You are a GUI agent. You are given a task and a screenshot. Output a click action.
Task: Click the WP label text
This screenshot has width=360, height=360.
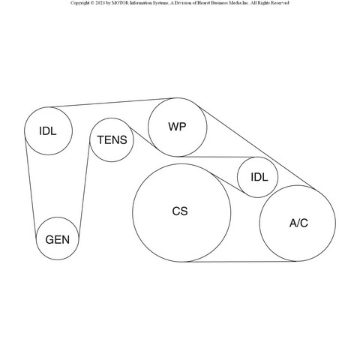coord(177,127)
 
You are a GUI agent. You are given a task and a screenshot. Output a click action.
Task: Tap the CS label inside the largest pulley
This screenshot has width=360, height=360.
coord(180,211)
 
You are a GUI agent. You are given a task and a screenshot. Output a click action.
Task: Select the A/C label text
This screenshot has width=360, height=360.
coord(298,223)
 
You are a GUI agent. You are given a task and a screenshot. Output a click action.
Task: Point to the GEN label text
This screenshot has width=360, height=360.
coord(58,240)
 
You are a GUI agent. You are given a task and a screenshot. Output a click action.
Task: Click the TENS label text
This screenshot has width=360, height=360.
coord(112,140)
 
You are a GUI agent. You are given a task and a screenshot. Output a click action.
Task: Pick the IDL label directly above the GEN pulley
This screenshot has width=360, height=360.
coord(48,131)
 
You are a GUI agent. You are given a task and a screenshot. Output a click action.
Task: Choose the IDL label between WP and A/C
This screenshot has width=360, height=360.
coord(259,177)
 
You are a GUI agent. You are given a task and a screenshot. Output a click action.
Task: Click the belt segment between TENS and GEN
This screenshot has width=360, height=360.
coord(84,187)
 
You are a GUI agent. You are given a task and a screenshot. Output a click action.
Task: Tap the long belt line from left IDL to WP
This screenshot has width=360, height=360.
coord(112,103)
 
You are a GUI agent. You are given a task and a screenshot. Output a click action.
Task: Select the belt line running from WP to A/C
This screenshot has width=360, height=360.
coord(256,148)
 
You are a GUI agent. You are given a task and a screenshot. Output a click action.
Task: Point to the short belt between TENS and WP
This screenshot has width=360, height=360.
coord(144,139)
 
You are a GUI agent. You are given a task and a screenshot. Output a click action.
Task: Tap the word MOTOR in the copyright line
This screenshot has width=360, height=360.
coord(119,3)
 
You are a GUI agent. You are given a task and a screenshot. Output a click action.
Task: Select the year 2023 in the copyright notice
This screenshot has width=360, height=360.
coord(100,3)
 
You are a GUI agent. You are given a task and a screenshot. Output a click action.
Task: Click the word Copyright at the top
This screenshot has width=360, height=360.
coord(80,3)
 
